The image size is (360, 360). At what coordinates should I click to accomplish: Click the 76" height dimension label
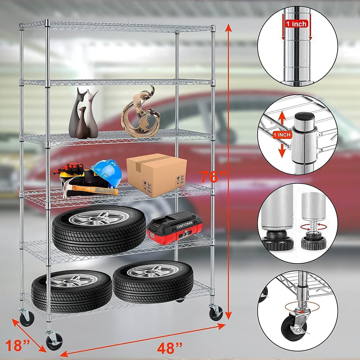(x=213, y=177)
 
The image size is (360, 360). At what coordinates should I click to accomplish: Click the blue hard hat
(x=106, y=172)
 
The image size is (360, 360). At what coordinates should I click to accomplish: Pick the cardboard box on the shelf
(x=157, y=177)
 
